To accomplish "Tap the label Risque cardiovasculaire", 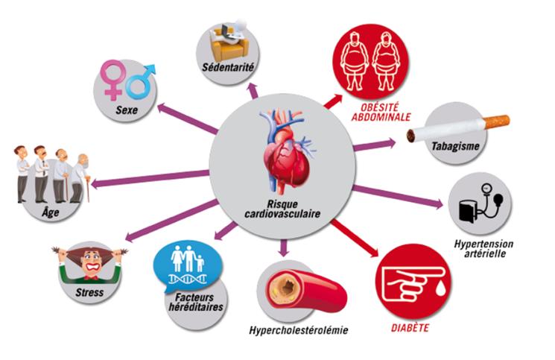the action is coord(282,209).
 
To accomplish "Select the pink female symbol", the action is coord(113,80).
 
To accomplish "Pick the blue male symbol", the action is coord(142,81).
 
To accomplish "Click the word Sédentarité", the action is coord(228,67).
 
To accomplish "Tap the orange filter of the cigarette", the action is coord(497,121).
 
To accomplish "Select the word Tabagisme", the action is coord(455,146).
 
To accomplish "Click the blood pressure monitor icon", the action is coord(481,203).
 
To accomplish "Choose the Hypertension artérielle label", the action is coord(483,248).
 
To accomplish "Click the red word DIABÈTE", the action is coord(410,328).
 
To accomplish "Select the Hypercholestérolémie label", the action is coord(299,330).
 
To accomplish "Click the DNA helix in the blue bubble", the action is coord(188,280).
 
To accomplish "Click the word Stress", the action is coord(89,292).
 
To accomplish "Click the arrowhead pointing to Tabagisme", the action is coord(391,143).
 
